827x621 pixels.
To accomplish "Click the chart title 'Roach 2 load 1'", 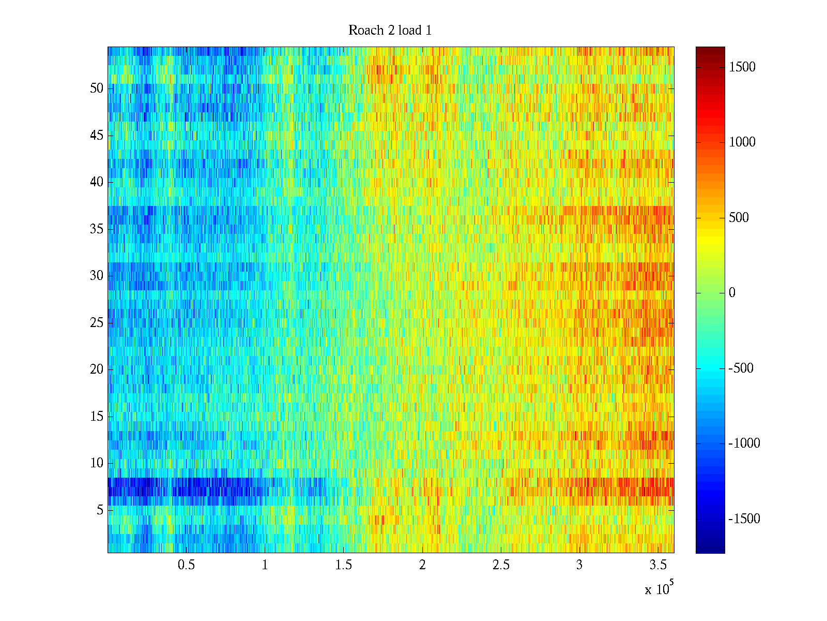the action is tap(390, 30).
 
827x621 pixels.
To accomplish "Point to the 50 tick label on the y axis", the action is tap(97, 88).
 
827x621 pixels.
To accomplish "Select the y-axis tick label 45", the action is tap(97, 135).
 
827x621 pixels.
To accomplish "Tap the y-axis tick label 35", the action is tap(97, 229).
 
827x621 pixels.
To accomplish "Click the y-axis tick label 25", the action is tap(97, 322).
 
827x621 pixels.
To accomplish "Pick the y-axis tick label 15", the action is tap(97, 416).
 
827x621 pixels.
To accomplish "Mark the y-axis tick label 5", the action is tap(100, 510).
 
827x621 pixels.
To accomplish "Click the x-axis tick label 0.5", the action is tap(186, 565).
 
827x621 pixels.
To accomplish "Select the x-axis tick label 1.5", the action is tap(343, 565).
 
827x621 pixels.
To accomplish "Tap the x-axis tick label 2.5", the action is tap(501, 565).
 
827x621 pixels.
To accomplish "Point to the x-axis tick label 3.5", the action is tap(658, 565).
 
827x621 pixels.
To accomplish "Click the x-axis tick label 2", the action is tap(422, 565).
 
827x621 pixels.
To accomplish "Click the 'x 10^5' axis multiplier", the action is tap(659, 587).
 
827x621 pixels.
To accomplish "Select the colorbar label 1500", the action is tap(742, 67).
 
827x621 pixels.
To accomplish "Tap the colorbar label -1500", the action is tap(744, 519).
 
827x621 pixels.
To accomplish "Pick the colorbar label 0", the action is tap(732, 292).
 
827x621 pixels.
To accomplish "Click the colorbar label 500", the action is tap(739, 217).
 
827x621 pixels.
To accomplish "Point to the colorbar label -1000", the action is tap(744, 443).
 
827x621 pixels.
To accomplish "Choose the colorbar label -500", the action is tap(741, 368).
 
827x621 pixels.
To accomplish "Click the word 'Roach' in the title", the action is tap(366, 30).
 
